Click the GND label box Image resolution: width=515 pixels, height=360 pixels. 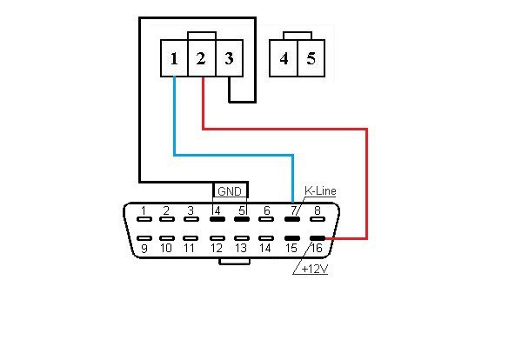tap(230, 190)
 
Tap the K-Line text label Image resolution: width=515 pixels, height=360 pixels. tap(320, 190)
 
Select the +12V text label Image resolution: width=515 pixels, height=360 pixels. tap(314, 269)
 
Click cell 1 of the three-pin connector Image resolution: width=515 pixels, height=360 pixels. tap(174, 58)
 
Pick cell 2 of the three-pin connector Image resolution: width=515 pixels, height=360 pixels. tap(202, 58)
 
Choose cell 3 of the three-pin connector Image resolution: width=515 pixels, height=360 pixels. tap(230, 58)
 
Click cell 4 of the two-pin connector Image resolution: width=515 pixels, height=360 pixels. tap(284, 58)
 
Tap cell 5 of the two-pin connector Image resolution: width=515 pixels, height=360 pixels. tap(311, 58)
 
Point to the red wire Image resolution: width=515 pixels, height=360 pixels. tap(366, 129)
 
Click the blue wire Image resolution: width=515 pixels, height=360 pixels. tap(234, 155)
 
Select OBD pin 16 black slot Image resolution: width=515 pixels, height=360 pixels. tap(318, 238)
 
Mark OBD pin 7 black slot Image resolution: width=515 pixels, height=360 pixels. tap(292, 219)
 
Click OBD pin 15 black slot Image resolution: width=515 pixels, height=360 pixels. tap(292, 238)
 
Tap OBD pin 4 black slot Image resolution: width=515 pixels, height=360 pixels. tap(217, 219)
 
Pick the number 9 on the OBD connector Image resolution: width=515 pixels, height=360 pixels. tap(144, 249)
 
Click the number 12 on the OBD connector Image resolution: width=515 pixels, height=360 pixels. tap(217, 248)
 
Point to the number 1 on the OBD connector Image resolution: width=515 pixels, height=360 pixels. tap(144, 210)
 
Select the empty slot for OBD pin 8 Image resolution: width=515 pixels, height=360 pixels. tap(318, 219)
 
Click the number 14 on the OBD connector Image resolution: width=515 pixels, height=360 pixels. tap(265, 248)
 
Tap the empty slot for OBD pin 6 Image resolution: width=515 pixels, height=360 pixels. tap(266, 219)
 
